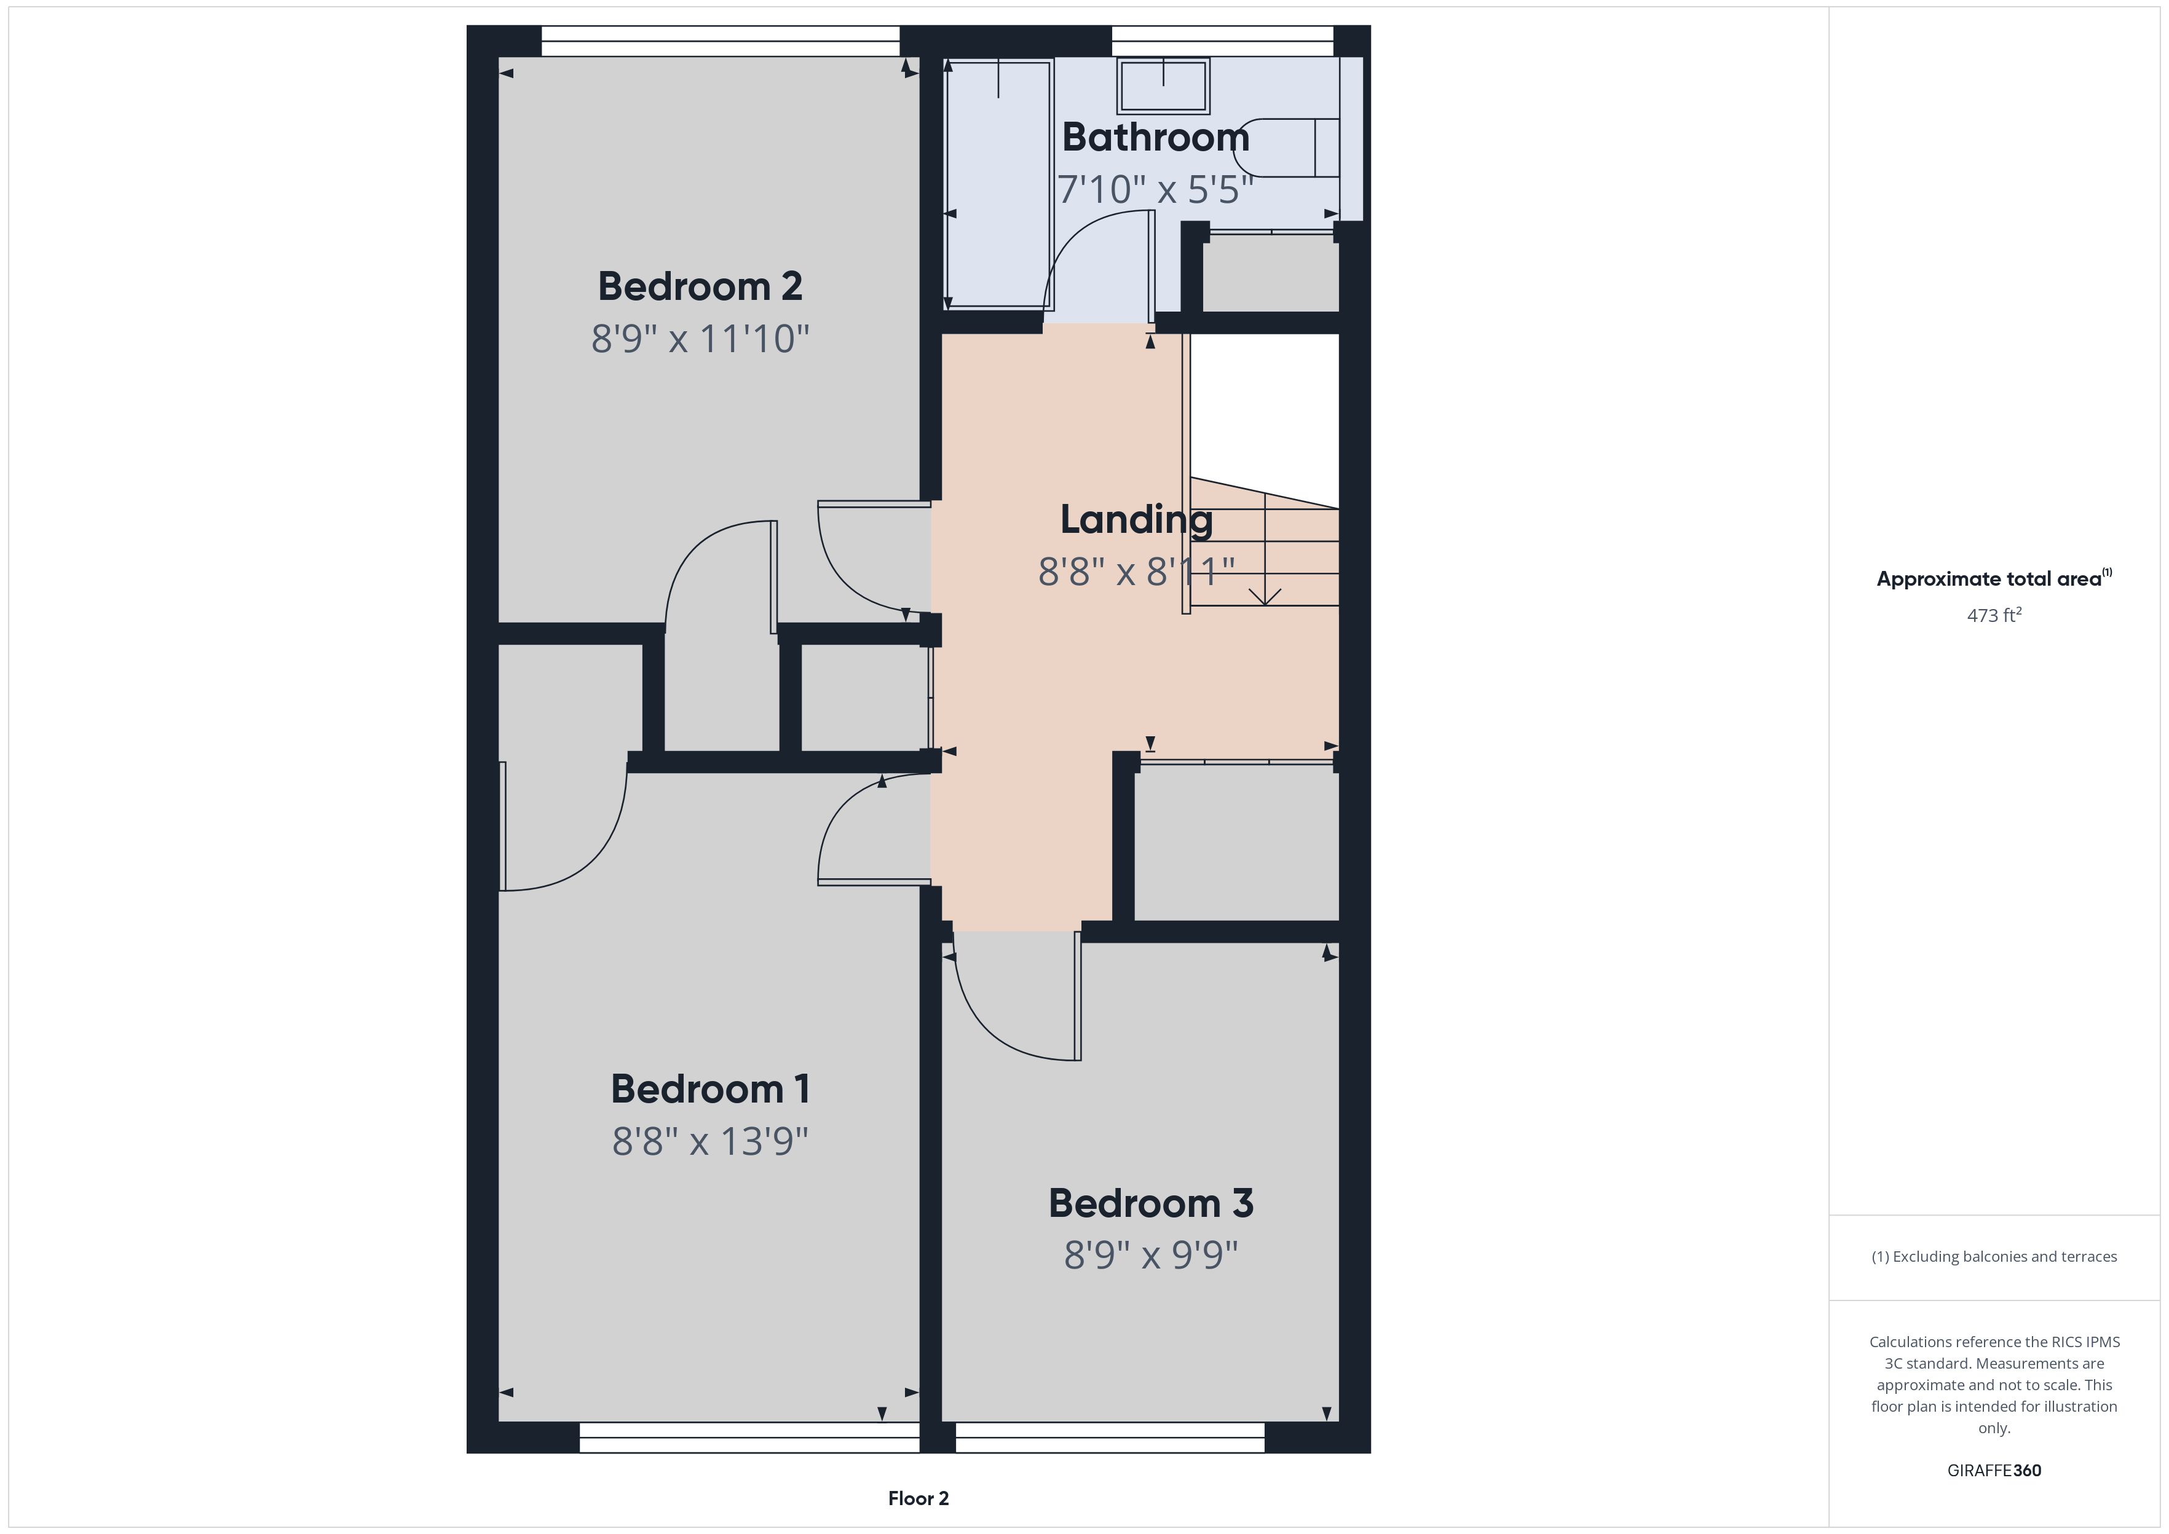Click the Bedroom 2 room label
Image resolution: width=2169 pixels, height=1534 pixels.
pyautogui.click(x=700, y=286)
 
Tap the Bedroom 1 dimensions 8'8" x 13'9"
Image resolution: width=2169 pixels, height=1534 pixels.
pyautogui.click(x=711, y=1141)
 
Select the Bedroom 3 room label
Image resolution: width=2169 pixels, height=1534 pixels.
pyautogui.click(x=1151, y=1203)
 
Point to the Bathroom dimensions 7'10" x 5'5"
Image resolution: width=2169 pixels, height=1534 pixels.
pyautogui.click(x=1155, y=190)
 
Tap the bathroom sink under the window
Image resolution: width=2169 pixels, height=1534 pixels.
pyautogui.click(x=1163, y=85)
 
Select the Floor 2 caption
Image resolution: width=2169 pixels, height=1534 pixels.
pyautogui.click(x=919, y=1498)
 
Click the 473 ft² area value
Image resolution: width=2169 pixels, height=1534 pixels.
pyautogui.click(x=1994, y=615)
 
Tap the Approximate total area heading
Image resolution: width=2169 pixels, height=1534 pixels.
pyautogui.click(x=1994, y=579)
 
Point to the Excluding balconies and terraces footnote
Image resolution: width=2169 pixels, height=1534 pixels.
pyautogui.click(x=1994, y=1256)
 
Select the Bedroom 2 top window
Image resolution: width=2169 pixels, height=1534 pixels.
pyautogui.click(x=721, y=34)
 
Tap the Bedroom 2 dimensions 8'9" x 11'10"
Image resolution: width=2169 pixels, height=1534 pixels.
pyautogui.click(x=701, y=338)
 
